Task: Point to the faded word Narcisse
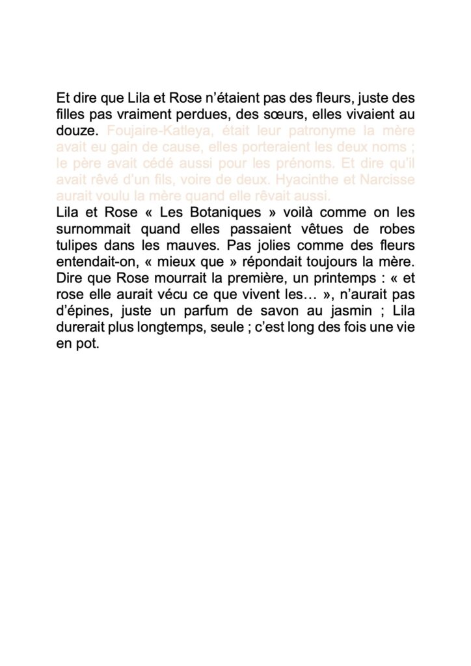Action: click(x=388, y=179)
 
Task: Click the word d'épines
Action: click(x=80, y=314)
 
